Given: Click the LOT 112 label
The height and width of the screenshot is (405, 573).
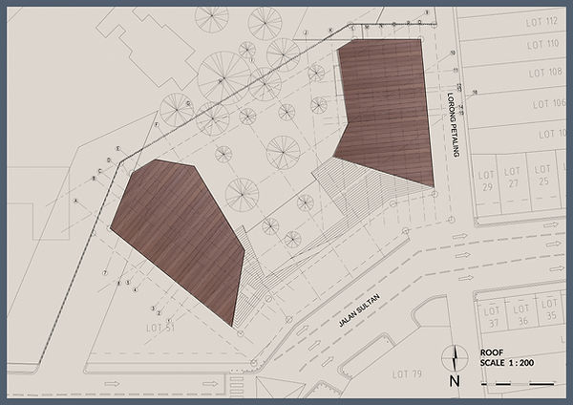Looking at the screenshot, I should pyautogui.click(x=541, y=21).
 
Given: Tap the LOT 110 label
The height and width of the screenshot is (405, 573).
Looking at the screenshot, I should pyautogui.click(x=542, y=46).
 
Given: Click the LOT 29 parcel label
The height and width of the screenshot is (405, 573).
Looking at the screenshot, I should pyautogui.click(x=487, y=181).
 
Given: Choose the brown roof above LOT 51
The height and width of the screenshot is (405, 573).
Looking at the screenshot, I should pyautogui.click(x=180, y=239).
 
